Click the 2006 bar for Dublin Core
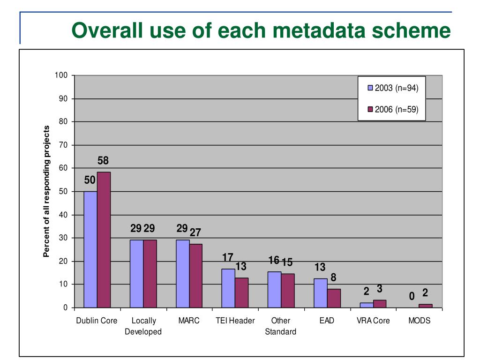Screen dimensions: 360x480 click(x=104, y=240)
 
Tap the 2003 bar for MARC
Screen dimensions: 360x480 click(x=183, y=274)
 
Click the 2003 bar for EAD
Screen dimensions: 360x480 click(x=321, y=293)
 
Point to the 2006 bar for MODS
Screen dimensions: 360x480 click(x=425, y=306)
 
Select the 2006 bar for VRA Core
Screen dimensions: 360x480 click(x=380, y=304)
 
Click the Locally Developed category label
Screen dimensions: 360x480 click(x=143, y=326)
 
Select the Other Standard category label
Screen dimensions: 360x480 click(x=281, y=326)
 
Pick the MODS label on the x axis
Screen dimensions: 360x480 click(x=419, y=321)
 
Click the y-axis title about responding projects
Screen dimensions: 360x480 click(x=46, y=191)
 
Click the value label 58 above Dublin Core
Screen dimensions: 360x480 click(x=103, y=161)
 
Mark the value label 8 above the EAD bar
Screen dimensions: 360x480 click(x=333, y=277)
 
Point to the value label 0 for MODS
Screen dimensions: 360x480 click(x=412, y=296)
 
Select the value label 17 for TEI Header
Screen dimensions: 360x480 click(x=228, y=257)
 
